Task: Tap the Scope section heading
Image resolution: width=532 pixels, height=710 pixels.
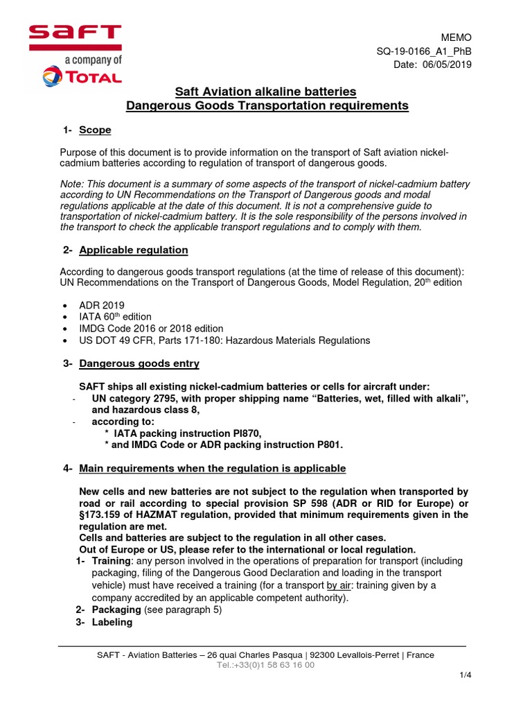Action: pyautogui.click(x=95, y=130)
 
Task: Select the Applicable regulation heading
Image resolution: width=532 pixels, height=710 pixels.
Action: pyautogui.click(x=134, y=250)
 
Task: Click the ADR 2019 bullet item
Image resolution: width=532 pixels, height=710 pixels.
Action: pyautogui.click(x=107, y=304)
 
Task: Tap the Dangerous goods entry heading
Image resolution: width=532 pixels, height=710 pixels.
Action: pyautogui.click(x=139, y=363)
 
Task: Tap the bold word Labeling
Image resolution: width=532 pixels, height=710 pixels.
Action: pyautogui.click(x=112, y=623)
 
